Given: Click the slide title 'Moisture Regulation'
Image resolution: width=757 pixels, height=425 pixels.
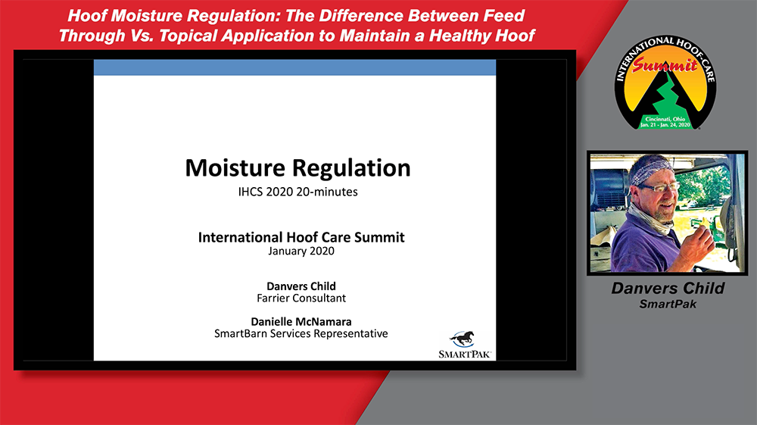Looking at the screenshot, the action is tap(298, 168).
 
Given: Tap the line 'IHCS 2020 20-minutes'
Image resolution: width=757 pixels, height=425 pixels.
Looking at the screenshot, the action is tap(298, 192).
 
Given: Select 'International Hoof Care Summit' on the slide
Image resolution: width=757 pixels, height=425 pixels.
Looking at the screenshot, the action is tap(301, 237).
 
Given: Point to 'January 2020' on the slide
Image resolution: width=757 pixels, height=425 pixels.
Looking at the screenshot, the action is tap(301, 252).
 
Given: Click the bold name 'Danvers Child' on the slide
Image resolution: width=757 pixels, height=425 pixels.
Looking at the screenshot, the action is tap(301, 286).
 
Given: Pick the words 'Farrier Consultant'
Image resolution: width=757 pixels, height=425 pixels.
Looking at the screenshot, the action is tap(301, 298).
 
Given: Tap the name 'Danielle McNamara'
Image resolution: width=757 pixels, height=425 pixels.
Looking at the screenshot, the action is tap(301, 322).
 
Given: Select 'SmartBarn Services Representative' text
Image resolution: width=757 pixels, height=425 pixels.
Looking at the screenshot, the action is tap(301, 334).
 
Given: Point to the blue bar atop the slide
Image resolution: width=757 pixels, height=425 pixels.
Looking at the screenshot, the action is tap(294, 67).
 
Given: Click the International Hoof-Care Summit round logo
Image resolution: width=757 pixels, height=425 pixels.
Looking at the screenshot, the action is tap(665, 82).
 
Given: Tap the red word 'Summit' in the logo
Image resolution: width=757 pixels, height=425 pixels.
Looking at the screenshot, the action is tap(665, 64).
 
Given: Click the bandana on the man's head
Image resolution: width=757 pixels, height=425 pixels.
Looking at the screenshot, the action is tap(651, 169).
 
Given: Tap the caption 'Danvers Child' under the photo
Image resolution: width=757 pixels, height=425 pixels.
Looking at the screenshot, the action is tap(668, 289).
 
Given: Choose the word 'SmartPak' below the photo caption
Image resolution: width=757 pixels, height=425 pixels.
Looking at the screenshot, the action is tap(668, 305).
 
